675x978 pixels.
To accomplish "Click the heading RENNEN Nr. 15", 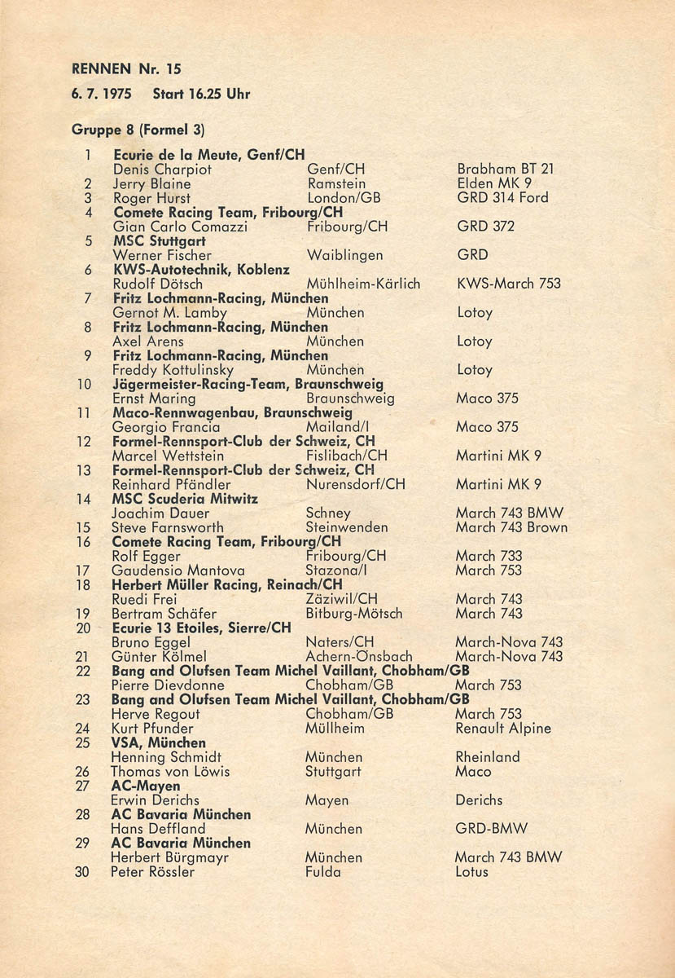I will pos(126,69).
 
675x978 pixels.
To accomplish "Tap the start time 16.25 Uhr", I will pos(201,94).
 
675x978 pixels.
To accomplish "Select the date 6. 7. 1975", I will pos(102,94).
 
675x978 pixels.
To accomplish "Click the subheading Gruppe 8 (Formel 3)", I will pos(138,129).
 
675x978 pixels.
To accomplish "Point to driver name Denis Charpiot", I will pos(162,170).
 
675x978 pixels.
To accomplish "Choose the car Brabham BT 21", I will pos(506,170).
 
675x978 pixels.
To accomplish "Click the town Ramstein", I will pos(336,184).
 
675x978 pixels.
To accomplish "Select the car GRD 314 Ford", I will pos(502,198).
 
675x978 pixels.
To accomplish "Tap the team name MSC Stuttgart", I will pos(160,241).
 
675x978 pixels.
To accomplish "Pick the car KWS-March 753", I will pos(509,284).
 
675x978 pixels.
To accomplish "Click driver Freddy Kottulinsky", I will pos(173,370).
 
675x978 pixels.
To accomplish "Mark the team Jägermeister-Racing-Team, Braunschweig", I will pos(248,384).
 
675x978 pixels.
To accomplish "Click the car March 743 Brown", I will pos(511,527).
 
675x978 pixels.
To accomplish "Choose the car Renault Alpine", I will pos(503,729).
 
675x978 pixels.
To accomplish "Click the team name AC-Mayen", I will pos(146,786).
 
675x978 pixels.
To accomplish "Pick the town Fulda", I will pos(322,872).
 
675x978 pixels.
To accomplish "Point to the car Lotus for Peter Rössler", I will pos(471,872).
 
